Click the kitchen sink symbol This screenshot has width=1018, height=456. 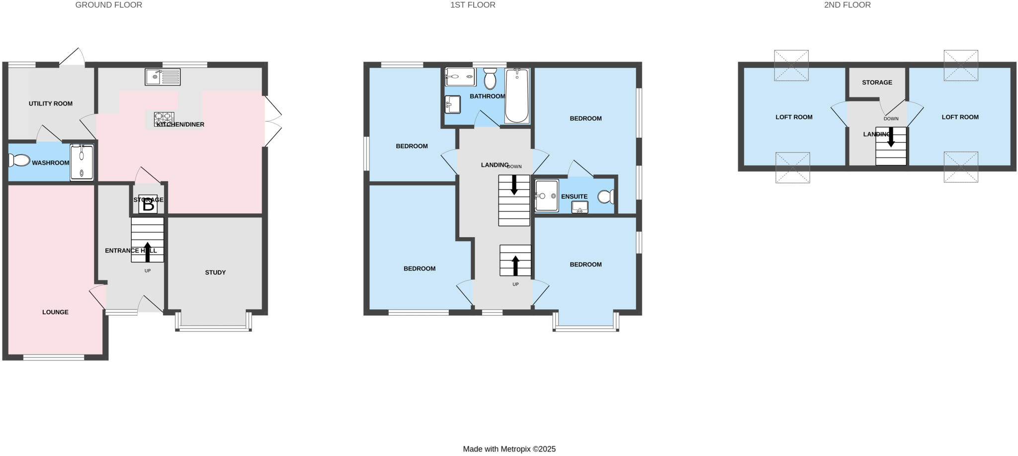click(x=163, y=77)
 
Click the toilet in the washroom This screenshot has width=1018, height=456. click(x=19, y=160)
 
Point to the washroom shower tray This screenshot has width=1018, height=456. click(x=82, y=162)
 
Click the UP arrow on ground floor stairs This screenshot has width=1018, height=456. click(x=148, y=252)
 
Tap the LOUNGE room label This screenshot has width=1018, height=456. click(x=55, y=312)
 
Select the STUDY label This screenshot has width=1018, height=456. click(x=215, y=273)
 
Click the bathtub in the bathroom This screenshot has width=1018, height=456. click(x=517, y=95)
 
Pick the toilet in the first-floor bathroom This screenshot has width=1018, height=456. click(x=490, y=79)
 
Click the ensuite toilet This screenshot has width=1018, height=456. click(x=605, y=197)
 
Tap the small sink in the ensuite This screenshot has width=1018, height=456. click(x=580, y=207)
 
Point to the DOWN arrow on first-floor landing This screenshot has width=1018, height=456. click(x=514, y=184)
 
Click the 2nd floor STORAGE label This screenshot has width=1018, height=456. click(x=877, y=83)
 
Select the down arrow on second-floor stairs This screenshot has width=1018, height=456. click(x=891, y=137)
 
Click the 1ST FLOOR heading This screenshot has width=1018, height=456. click(x=473, y=5)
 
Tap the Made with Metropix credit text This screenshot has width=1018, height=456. click(x=509, y=449)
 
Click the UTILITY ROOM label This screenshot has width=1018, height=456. click(x=51, y=104)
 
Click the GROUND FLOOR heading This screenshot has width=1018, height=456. click(x=108, y=5)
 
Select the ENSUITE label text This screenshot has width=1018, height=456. click(x=574, y=197)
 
